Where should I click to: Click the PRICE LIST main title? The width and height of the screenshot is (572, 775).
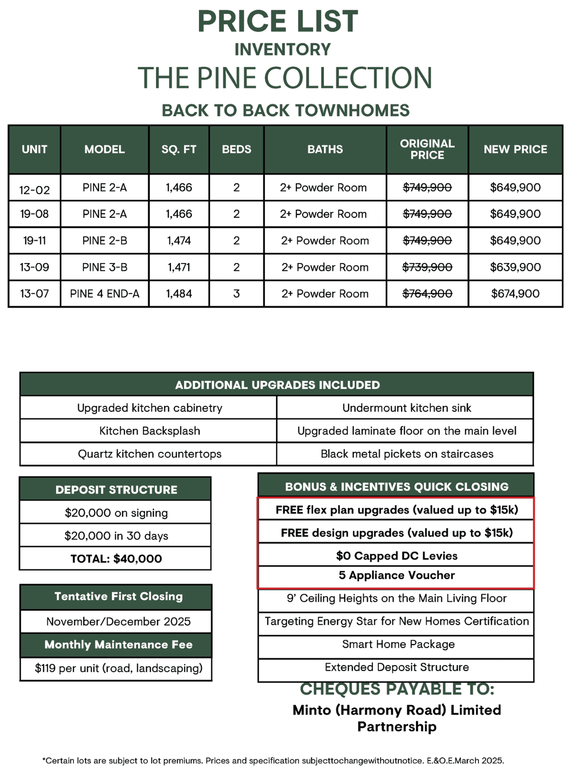click(278, 21)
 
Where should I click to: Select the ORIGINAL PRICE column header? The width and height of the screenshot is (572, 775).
click(427, 149)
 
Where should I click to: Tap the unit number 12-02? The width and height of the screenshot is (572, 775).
click(34, 190)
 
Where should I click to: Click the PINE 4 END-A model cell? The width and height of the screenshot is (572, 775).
click(105, 294)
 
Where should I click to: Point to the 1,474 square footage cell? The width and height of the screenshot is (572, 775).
click(179, 241)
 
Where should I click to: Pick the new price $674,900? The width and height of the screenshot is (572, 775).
click(515, 294)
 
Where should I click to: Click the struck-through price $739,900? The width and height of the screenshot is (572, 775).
click(427, 267)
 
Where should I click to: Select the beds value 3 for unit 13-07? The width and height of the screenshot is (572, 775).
click(236, 294)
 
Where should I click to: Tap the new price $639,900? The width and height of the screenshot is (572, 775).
click(515, 267)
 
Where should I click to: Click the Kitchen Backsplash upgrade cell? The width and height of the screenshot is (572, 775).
click(149, 431)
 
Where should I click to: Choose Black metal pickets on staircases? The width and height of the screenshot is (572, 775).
click(407, 454)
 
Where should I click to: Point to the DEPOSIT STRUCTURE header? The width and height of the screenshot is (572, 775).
click(116, 490)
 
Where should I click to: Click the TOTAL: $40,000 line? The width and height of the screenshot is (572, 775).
click(116, 559)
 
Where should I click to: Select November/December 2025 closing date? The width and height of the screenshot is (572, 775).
click(118, 621)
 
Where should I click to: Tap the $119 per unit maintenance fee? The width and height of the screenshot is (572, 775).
click(118, 668)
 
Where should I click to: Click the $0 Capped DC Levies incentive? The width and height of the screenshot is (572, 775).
click(396, 556)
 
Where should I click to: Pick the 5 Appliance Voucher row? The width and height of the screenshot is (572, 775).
click(396, 575)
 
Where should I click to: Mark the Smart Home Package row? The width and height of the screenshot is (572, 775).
click(398, 644)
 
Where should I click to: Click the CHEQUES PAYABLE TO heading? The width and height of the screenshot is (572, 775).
click(397, 689)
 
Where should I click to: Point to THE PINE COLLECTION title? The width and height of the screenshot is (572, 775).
click(285, 78)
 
